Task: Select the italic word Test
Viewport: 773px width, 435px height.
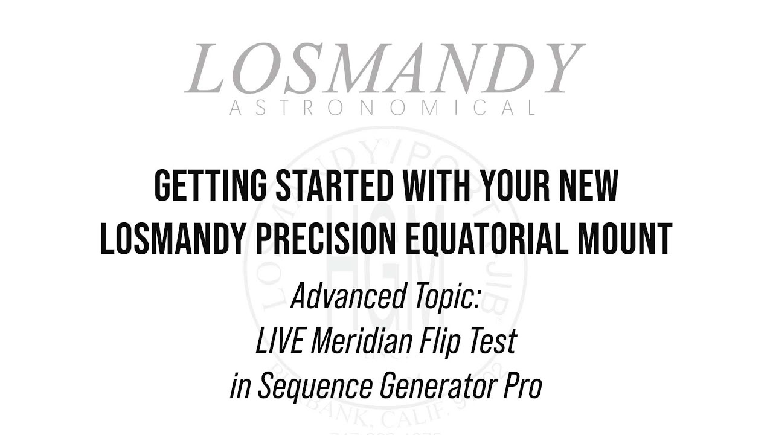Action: (494, 341)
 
